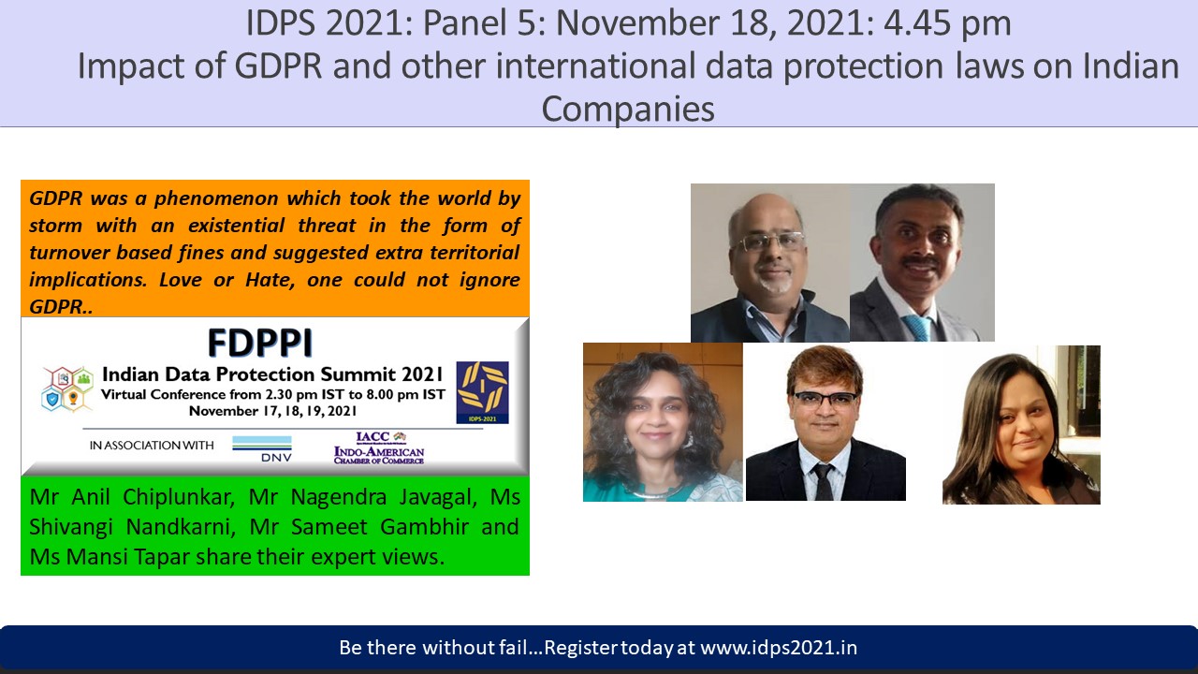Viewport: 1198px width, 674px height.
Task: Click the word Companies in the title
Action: [x=628, y=109]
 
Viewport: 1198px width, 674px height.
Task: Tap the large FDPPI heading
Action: [x=260, y=343]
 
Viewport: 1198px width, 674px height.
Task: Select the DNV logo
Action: [x=262, y=448]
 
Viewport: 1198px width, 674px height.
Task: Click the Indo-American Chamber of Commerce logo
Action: [x=379, y=448]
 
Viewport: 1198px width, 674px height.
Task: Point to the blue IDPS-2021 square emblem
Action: [x=482, y=392]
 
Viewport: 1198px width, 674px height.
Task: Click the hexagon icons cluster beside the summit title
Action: [x=67, y=388]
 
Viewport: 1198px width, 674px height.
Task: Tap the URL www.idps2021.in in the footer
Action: [x=779, y=648]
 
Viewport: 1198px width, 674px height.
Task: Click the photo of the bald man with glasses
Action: [x=770, y=263]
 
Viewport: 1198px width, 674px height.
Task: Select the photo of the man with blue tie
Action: [x=922, y=263]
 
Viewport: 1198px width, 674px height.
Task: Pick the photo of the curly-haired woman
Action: [x=663, y=422]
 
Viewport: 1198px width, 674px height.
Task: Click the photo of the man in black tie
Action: [x=825, y=422]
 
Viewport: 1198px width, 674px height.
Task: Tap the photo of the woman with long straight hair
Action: [x=1021, y=425]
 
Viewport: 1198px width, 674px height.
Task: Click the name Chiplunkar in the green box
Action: [x=179, y=497]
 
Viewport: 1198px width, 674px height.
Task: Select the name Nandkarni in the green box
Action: [x=181, y=527]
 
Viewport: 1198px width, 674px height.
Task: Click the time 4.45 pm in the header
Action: [x=947, y=23]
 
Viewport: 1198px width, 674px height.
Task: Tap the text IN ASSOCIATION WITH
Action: [x=152, y=446]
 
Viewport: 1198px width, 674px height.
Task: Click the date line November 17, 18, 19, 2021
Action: [x=272, y=411]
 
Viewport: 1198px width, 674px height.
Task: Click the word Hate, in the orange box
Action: [x=270, y=280]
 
